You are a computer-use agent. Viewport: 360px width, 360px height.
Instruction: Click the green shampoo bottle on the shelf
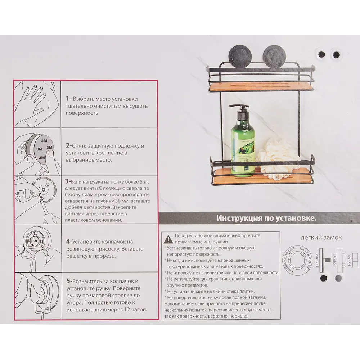pyautogui.click(x=242, y=147)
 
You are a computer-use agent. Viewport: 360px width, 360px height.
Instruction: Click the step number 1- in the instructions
pyautogui.click(x=69, y=99)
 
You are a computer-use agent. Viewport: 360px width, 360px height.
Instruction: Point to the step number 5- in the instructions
pyautogui.click(x=69, y=281)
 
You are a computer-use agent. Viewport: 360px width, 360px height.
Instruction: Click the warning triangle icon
pyautogui.click(x=168, y=239)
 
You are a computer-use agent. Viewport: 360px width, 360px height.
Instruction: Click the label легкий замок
pyautogui.click(x=321, y=238)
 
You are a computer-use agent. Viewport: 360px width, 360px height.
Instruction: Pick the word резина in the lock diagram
pyautogui.click(x=317, y=260)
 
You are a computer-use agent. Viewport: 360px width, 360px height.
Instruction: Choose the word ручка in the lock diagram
pyautogui.click(x=349, y=260)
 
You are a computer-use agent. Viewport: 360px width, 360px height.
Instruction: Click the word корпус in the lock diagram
pyautogui.click(x=334, y=260)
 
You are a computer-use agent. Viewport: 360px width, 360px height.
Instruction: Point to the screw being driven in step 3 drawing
pyautogui.click(x=40, y=195)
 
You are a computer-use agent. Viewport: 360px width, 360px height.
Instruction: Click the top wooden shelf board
pyautogui.click(x=261, y=87)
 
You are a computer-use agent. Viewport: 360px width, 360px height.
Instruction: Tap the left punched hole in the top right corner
pyautogui.click(x=322, y=55)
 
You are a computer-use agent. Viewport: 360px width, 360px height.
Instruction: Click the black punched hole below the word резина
pyautogui.click(x=323, y=278)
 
